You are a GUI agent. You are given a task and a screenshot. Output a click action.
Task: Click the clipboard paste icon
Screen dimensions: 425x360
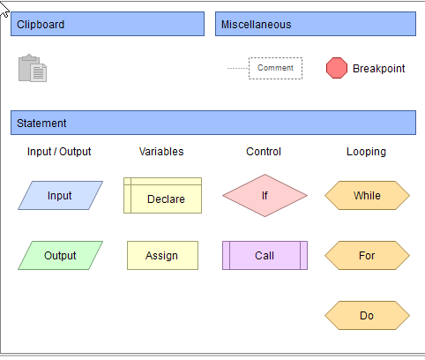33,68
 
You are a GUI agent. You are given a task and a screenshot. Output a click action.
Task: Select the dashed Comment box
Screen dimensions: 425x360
275,68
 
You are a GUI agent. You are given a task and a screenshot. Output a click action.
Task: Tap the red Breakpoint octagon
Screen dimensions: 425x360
337,68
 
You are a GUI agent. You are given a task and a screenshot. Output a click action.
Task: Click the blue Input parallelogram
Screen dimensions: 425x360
60,195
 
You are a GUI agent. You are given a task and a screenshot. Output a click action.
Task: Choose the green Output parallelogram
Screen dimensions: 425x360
60,255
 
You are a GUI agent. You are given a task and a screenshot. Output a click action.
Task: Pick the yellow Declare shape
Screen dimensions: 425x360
162,195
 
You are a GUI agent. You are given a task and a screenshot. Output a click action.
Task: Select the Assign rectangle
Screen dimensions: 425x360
162,255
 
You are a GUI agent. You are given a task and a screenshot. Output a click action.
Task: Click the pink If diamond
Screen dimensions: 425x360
265,195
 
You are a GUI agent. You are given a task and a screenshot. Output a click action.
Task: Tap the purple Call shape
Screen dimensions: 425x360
265,255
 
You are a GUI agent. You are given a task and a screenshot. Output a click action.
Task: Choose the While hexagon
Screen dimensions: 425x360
367,195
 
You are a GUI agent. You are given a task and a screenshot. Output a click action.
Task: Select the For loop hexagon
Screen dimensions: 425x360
367,255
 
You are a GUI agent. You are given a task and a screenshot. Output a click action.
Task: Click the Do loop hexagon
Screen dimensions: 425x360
367,315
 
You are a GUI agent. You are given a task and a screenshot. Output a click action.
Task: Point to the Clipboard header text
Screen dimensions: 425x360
41,25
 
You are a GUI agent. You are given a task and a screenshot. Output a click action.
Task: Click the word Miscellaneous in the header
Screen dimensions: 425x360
256,25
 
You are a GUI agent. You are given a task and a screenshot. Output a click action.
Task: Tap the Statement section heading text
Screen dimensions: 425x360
41,124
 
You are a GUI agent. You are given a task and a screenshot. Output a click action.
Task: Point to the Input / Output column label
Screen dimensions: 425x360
59,152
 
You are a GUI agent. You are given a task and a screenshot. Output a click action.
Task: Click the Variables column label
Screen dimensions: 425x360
161,152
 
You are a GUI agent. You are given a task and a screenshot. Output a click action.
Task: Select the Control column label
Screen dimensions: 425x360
264,152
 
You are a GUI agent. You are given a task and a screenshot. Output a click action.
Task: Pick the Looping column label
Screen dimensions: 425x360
366,152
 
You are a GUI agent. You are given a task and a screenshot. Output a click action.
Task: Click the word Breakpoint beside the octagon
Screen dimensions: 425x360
379,69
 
